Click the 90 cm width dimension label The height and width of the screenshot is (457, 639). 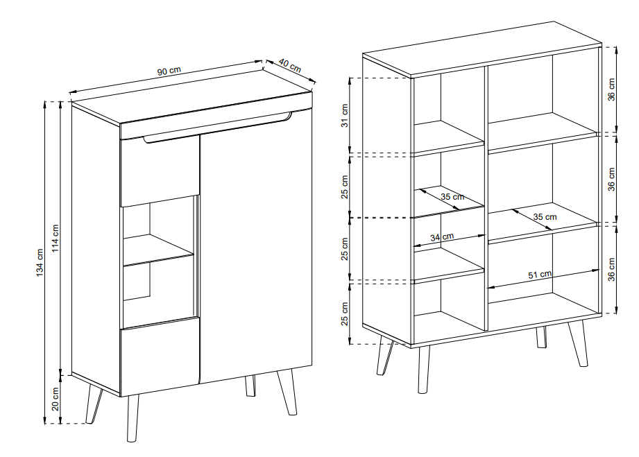pos(169,71)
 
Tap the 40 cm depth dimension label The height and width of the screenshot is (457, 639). pos(290,66)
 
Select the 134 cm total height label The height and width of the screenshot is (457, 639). pos(40,263)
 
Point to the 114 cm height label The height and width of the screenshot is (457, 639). pos(56,239)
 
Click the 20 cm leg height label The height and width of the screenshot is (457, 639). pos(56,399)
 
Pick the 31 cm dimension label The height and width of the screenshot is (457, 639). pos(345,116)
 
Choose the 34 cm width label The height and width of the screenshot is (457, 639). pos(442,236)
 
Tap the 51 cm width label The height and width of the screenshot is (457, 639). pos(540,275)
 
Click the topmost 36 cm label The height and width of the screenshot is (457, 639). pos(611,89)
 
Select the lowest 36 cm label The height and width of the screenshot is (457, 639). pos(611,269)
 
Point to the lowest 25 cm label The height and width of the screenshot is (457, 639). pos(345,313)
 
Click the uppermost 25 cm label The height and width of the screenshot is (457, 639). pos(345,187)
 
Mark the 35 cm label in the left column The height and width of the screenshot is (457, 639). pos(452,197)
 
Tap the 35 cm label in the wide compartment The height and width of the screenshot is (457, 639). pos(545,216)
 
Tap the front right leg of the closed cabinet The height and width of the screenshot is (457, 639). pos(287,393)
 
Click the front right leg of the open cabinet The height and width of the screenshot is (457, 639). pos(578,343)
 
